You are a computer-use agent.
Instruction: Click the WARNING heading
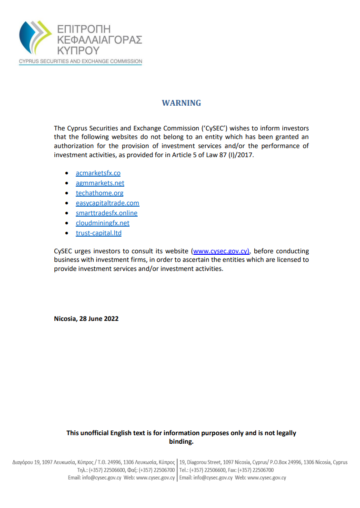tap(181, 103)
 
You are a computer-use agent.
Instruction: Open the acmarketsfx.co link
tap(98, 173)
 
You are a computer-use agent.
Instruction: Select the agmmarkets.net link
tap(100, 183)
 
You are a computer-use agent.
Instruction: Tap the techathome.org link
tap(100, 193)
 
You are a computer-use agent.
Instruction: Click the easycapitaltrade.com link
tap(107, 203)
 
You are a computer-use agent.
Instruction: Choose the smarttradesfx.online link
tap(106, 213)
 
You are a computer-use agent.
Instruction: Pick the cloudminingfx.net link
tap(102, 223)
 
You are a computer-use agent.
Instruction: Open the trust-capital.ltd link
tap(99, 233)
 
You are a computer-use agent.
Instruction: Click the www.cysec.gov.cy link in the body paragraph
tap(220, 251)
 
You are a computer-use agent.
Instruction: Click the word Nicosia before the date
tap(65, 319)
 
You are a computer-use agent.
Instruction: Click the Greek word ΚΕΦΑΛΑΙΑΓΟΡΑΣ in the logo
tap(99, 40)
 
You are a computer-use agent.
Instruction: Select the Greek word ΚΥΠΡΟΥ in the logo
tap(78, 50)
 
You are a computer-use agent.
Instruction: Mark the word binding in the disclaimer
tap(181, 442)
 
